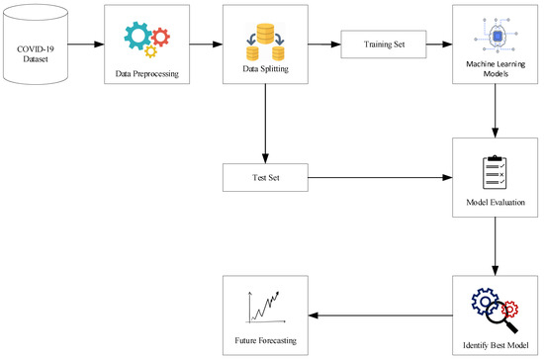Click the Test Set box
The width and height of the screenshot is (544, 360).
click(x=263, y=179)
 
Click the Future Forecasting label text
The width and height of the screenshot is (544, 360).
click(x=263, y=341)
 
